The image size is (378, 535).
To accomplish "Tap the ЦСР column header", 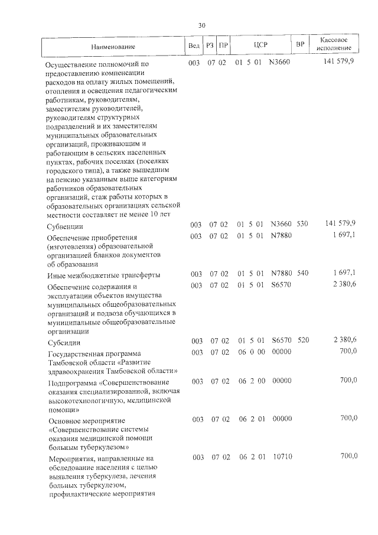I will (x=261, y=45).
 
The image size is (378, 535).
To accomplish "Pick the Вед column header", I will (x=194, y=46).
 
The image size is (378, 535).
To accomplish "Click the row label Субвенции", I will (x=65, y=226).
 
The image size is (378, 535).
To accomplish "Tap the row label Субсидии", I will (x=64, y=342).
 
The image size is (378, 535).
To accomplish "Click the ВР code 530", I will (x=302, y=225).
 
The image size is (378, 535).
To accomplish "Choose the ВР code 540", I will (x=302, y=274).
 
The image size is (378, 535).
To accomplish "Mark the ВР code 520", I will (x=302, y=341).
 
